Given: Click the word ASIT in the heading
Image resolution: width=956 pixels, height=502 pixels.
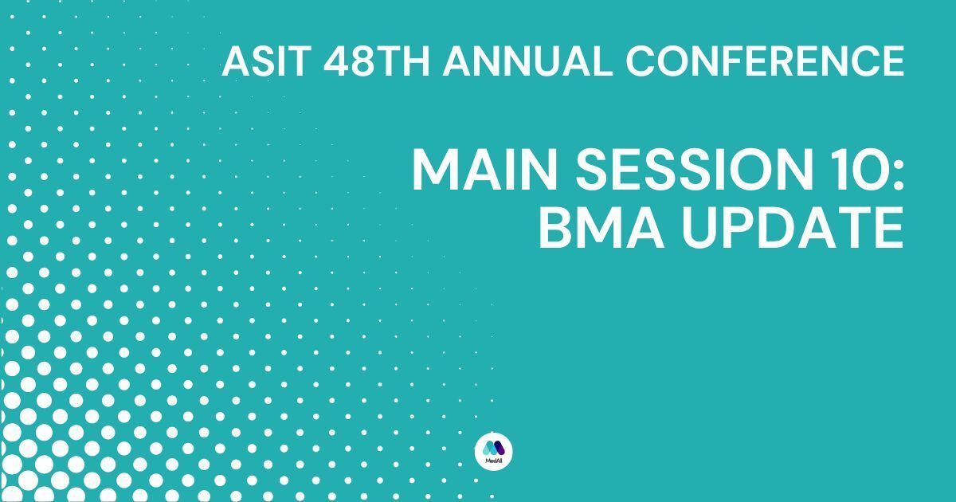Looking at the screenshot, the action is coord(266,61).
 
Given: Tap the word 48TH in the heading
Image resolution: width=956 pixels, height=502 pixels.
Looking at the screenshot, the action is coord(376,61).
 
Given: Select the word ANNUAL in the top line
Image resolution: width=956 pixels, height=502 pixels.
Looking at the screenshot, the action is coord(528,61).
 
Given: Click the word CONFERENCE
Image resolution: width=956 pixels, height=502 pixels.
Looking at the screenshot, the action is coord(765,61).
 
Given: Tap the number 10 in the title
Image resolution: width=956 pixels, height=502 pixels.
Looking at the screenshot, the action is coord(864,169).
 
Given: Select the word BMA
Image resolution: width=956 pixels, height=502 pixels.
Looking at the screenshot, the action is coord(601,228).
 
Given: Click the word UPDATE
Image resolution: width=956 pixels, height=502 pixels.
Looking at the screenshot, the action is coord(793,228).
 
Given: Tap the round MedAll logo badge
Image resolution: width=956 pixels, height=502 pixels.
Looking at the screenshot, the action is coord(493,451).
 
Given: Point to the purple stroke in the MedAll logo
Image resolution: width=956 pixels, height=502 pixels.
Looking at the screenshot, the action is coord(500,447).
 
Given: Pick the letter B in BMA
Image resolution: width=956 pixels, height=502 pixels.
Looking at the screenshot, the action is coord(556,228).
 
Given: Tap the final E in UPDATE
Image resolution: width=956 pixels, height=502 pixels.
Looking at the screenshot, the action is coord(890,228).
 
